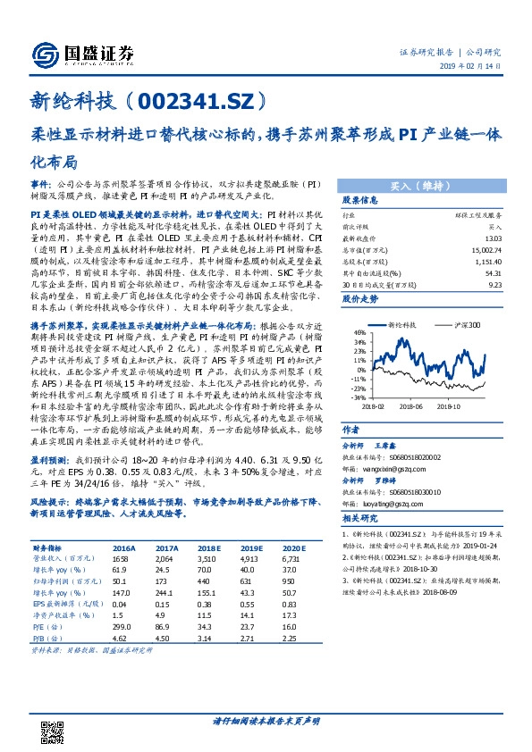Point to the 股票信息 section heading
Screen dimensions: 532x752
click(360, 201)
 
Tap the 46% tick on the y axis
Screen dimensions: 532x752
click(359, 331)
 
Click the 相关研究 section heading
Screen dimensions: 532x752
click(360, 517)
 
